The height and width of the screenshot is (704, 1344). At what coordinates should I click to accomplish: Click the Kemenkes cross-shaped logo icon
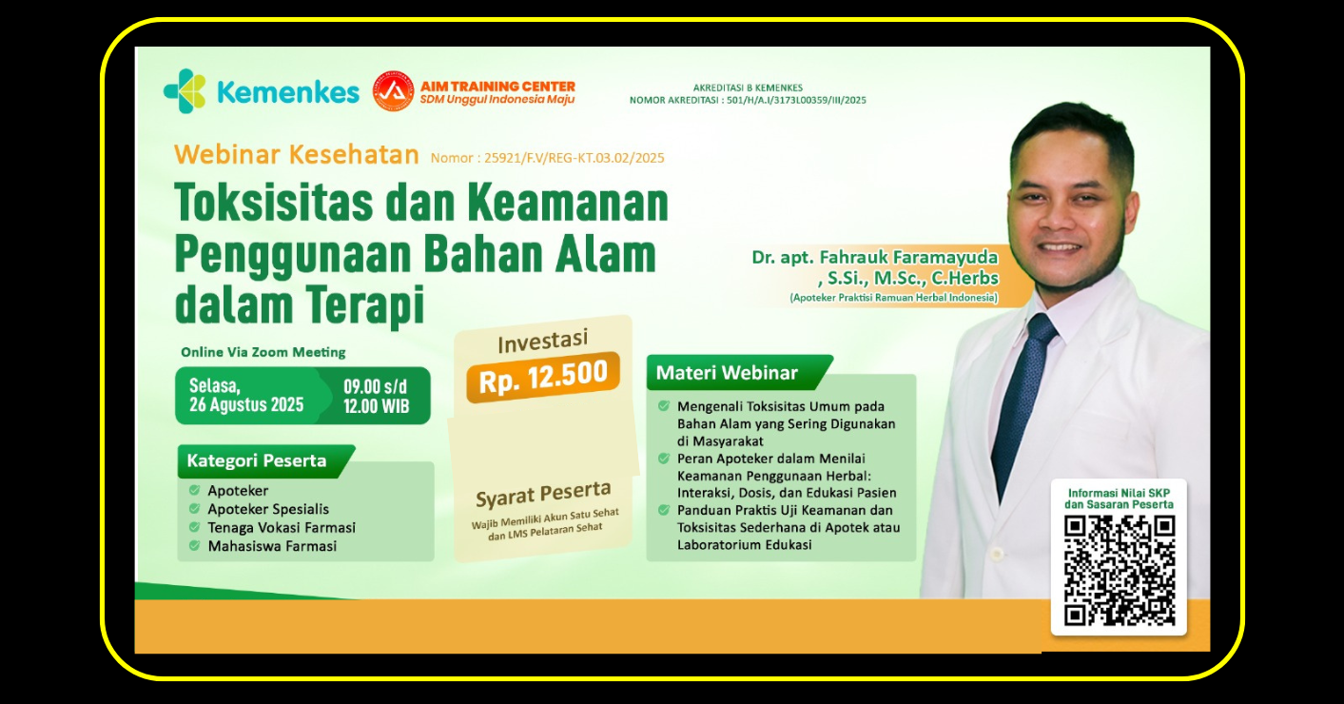185,91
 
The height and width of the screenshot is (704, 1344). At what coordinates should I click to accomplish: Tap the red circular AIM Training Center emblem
394,91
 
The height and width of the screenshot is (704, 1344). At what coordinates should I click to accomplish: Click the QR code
1119,571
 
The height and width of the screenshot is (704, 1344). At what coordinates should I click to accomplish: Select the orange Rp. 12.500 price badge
543,377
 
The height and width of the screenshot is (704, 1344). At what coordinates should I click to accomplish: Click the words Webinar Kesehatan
297,155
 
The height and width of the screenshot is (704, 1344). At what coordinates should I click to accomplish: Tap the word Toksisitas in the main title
274,203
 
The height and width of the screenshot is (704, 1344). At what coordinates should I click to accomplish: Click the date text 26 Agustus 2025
246,405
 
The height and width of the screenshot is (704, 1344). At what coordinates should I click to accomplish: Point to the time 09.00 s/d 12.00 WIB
377,396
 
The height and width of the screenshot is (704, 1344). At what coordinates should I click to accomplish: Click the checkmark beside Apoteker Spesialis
194,509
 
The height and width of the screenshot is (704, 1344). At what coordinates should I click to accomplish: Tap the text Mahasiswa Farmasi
272,546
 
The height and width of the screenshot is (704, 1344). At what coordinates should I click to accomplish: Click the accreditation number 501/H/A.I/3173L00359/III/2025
796,100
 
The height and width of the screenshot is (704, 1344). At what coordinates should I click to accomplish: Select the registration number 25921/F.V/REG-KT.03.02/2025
575,158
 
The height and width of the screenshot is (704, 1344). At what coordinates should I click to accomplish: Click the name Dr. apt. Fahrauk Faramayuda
875,257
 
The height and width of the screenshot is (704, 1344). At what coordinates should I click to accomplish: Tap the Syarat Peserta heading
543,494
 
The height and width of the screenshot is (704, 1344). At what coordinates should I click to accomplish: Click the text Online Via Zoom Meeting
263,352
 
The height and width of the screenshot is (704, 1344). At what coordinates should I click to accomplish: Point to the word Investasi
542,341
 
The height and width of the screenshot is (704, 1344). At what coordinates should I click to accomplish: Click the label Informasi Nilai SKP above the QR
1119,493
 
